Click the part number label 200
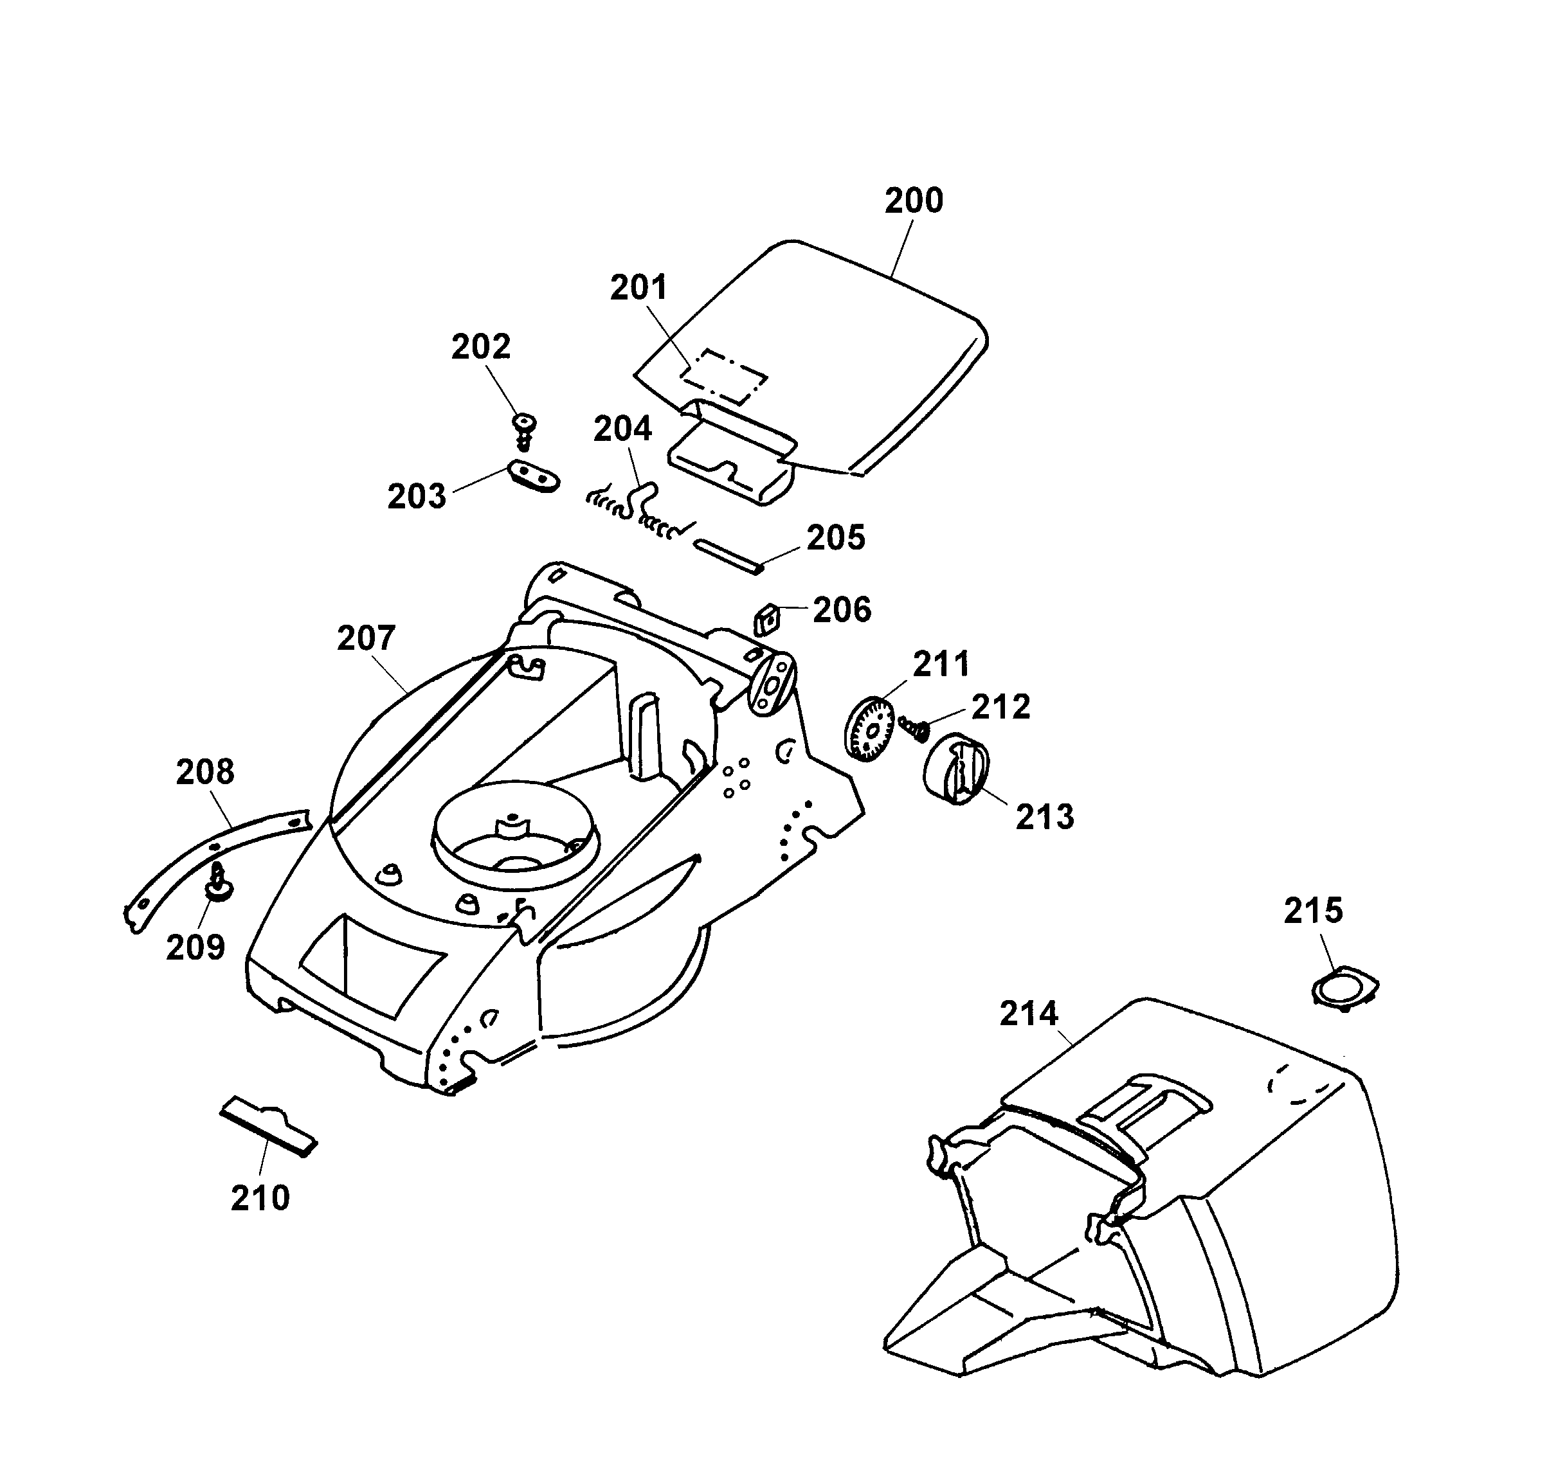pyautogui.click(x=913, y=201)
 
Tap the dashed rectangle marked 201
pyautogui.click(x=723, y=376)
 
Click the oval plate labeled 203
pyautogui.click(x=533, y=476)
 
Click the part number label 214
pyautogui.click(x=1029, y=1014)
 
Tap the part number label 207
pyautogui.click(x=366, y=638)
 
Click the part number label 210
pyautogui.click(x=260, y=1198)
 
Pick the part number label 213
pyautogui.click(x=1045, y=817)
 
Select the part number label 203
pyautogui.click(x=417, y=497)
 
